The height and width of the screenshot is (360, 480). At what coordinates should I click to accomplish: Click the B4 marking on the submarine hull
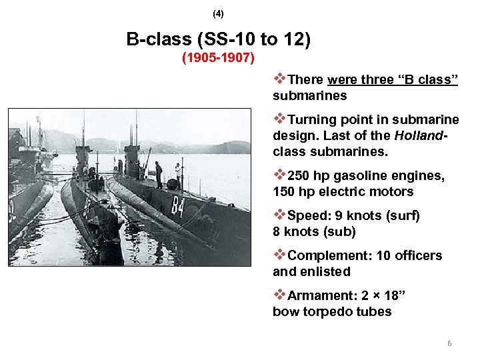coord(177,206)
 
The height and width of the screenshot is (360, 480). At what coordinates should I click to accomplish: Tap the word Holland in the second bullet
coord(418,136)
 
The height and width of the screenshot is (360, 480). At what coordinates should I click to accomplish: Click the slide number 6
coord(449,343)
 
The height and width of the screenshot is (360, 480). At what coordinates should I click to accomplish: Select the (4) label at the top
coord(218,13)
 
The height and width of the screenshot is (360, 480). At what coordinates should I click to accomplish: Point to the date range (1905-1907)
coord(218,58)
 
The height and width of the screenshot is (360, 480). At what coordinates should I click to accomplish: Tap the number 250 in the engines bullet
coord(300,176)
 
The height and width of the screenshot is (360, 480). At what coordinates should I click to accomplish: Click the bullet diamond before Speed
coord(279,215)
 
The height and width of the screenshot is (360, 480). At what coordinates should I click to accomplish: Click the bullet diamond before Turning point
coord(279,119)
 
